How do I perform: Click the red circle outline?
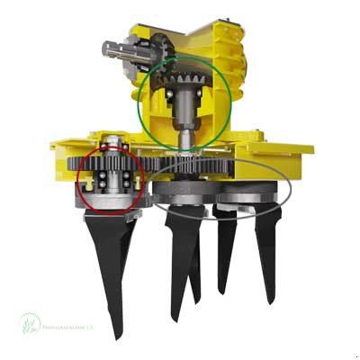[78, 180]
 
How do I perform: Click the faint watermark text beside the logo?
[72, 329]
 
